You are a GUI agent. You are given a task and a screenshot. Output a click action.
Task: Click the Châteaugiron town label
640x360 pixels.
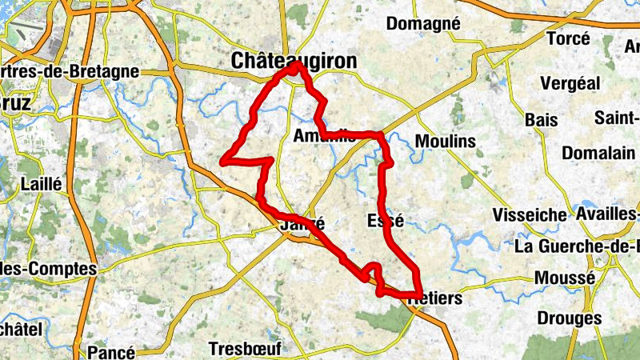coord(293,60)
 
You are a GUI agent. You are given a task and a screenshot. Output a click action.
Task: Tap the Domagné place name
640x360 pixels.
coord(423,24)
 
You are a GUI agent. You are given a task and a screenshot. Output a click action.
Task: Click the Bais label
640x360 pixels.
coord(541,119)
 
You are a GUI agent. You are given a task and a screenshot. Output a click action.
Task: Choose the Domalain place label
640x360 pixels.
coord(598,152)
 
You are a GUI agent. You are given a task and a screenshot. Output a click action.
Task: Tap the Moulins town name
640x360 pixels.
coord(446,142)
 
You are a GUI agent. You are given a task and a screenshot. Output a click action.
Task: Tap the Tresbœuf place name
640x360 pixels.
coord(241,349)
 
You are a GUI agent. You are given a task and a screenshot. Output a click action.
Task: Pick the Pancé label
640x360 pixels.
coord(111,351)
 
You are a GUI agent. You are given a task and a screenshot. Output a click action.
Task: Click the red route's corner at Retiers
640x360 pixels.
coord(421,294)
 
